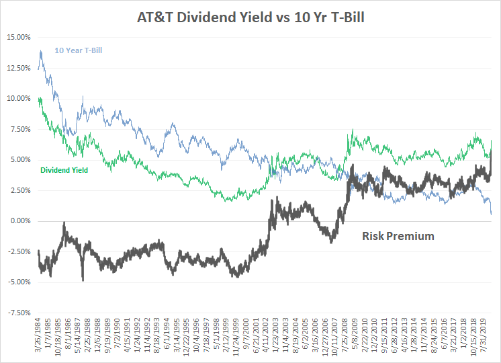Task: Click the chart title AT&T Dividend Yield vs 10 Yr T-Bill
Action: pyautogui.click(x=250, y=15)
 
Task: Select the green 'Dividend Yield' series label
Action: pyautogui.click(x=64, y=170)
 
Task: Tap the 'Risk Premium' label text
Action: pyautogui.click(x=398, y=236)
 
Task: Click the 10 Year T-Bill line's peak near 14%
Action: pyautogui.click(x=42, y=50)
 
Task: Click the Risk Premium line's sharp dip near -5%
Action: pyautogui.click(x=83, y=279)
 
